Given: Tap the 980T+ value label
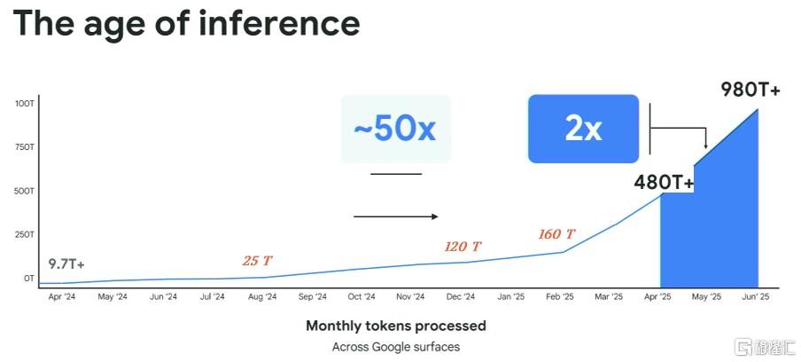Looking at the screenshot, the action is [x=750, y=90].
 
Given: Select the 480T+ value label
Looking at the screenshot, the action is [x=664, y=182].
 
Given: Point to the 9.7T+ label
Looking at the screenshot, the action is [x=66, y=264].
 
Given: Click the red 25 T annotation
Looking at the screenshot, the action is [x=258, y=261].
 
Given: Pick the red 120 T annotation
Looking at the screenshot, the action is [x=463, y=247].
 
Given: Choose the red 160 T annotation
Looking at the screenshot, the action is [x=556, y=234].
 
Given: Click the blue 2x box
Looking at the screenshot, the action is [x=583, y=129].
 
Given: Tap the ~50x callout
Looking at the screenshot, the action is [x=396, y=129].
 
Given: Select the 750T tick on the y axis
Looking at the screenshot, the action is [x=25, y=147].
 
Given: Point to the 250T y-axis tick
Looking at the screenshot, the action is [x=25, y=235].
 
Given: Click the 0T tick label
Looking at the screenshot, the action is [x=29, y=279].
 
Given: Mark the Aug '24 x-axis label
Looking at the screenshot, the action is [x=262, y=296].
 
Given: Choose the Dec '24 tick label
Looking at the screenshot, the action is [x=462, y=296].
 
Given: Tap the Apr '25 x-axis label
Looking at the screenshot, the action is [x=658, y=296].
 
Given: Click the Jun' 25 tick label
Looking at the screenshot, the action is [x=756, y=296].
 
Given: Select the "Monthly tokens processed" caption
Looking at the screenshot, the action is [x=396, y=326].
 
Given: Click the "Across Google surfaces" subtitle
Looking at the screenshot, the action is [x=396, y=347].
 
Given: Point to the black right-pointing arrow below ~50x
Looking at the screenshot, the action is [x=396, y=216].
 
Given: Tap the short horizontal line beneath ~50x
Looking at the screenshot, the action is [x=396, y=174].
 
